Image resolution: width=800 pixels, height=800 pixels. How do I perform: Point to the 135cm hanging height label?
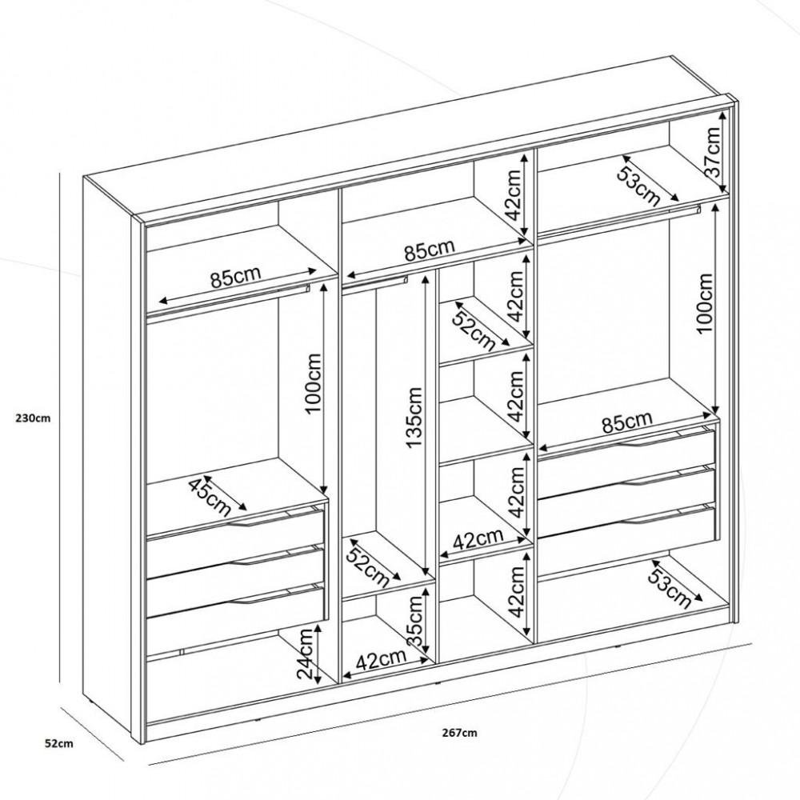tap(414, 418)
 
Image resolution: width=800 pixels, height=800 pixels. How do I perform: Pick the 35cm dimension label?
tap(414, 624)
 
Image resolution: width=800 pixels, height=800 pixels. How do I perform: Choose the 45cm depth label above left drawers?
tap(210, 495)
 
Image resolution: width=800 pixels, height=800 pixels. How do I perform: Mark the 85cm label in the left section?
tap(235, 279)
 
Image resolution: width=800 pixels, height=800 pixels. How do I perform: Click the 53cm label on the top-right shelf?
tap(638, 182)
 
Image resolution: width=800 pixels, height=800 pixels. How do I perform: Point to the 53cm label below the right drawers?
tap(670, 586)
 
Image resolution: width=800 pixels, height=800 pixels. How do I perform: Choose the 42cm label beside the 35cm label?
tap(380, 661)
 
